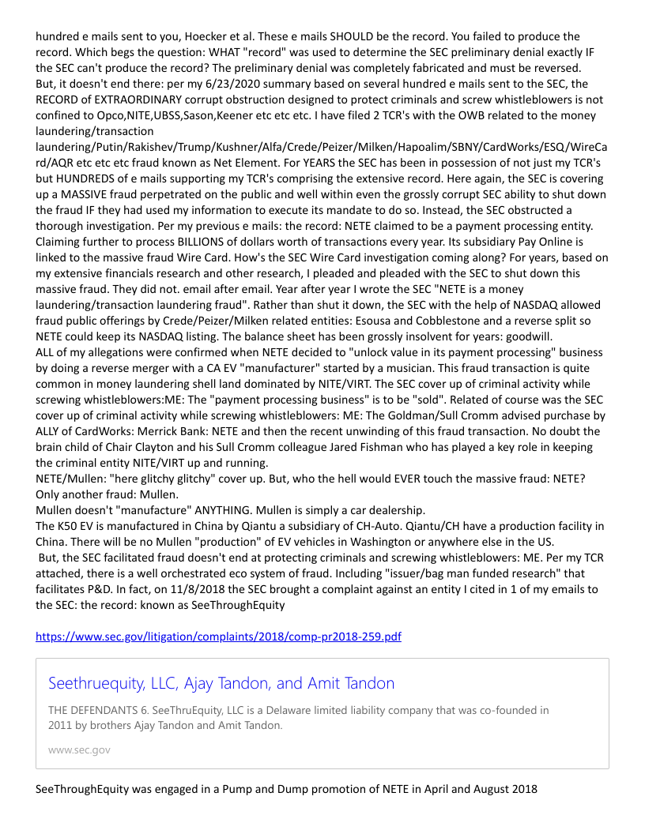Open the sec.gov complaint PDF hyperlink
point(218,637)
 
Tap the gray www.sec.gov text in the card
point(79,749)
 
